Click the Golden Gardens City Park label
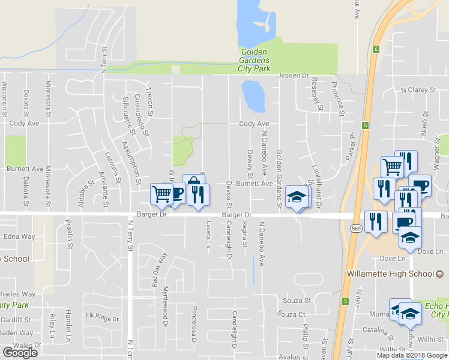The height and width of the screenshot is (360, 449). [255, 60]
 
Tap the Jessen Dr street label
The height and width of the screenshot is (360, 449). [293, 76]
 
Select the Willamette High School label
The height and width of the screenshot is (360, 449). [390, 274]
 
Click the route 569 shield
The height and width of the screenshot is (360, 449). [355, 229]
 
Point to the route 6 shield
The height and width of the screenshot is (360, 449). [375, 49]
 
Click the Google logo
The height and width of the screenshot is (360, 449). [20, 353]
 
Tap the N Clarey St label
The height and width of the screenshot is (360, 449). [418, 90]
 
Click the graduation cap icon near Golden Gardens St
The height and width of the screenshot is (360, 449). [297, 197]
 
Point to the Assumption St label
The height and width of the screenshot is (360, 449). [131, 163]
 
